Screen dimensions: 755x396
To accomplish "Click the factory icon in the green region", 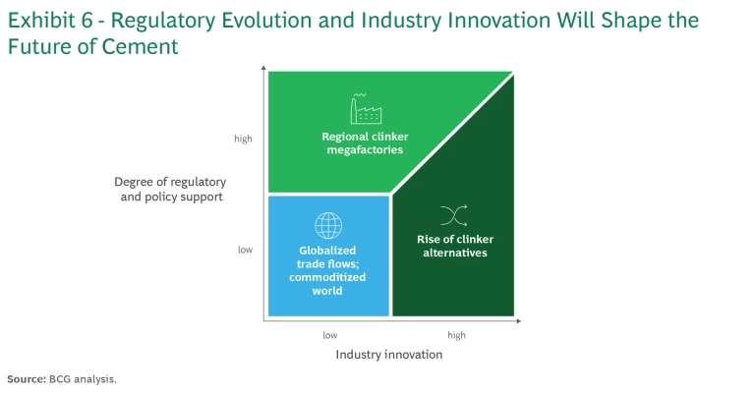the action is pos(366,109).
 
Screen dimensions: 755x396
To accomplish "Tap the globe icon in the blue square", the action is pos(328,226).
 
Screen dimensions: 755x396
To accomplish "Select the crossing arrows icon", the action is pos(453,215).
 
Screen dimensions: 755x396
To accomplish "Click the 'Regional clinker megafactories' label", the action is pos(365,142).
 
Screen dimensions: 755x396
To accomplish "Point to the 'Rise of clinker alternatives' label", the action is pos(455,246).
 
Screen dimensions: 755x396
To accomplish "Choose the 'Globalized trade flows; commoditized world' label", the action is pos(327,270).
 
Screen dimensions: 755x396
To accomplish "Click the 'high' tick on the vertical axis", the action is pos(243,139).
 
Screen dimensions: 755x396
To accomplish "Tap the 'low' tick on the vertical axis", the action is pos(245,250).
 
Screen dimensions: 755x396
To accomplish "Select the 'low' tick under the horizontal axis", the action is pos(330,335).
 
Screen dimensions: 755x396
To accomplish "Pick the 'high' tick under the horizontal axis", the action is pos(456,335).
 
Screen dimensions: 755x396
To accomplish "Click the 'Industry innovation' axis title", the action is pos(389,355).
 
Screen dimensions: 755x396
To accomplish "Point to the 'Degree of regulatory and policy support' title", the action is pos(171,189).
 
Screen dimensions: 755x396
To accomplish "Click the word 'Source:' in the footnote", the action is pos(27,379).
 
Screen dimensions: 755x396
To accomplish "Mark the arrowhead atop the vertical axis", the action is pos(263,68).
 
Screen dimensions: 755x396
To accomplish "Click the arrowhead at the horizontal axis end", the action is pos(518,320).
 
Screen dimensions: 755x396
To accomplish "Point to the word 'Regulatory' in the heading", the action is pos(163,22).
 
